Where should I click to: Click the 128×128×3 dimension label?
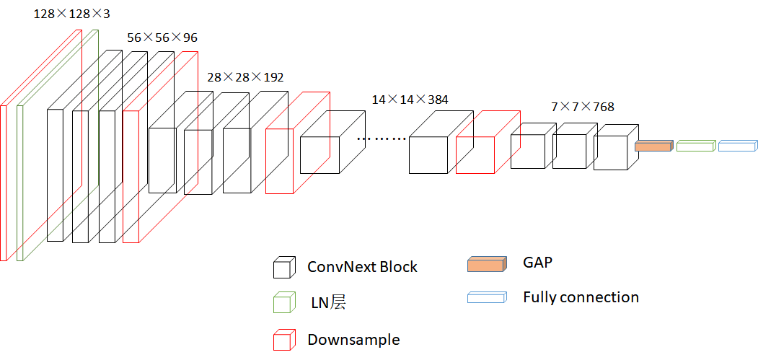coord(71,14)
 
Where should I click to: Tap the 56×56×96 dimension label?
coord(162,38)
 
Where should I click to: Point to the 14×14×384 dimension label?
coord(410,100)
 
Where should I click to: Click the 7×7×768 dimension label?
coord(583,107)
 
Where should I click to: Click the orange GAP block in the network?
coord(653,146)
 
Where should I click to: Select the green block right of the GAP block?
coord(695,146)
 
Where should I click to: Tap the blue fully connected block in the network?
coord(738,146)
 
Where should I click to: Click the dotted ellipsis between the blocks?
coord(383,137)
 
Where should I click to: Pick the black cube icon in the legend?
coord(283,268)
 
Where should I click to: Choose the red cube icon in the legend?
coord(283,340)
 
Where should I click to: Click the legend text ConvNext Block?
coord(362,267)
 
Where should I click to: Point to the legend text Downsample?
coord(353,339)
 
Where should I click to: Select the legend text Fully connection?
coord(581,297)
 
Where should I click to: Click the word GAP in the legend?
coord(538,262)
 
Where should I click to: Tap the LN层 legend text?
coord(328,303)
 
